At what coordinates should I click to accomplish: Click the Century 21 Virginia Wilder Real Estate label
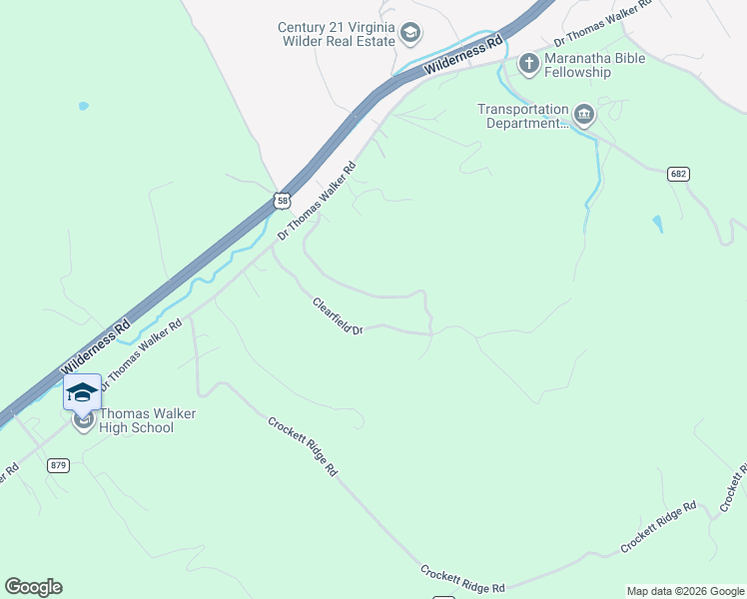pos(335,35)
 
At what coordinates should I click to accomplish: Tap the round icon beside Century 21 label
pos(409,35)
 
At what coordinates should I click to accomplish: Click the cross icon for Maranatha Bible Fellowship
pos(528,65)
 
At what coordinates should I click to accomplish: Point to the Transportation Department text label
pos(521,116)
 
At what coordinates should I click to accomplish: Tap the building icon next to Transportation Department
pos(584,116)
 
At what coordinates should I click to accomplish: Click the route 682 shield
pos(679,174)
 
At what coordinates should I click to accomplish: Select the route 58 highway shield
pos(284,201)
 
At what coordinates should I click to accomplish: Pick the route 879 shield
pos(60,465)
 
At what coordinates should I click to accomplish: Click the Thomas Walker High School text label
pos(136,420)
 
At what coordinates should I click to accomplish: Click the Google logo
pos(33,587)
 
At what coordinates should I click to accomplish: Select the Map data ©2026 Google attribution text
pos(685,591)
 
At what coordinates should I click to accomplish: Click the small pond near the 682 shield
pos(657,224)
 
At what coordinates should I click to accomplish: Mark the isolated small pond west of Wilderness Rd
pos(83,106)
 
